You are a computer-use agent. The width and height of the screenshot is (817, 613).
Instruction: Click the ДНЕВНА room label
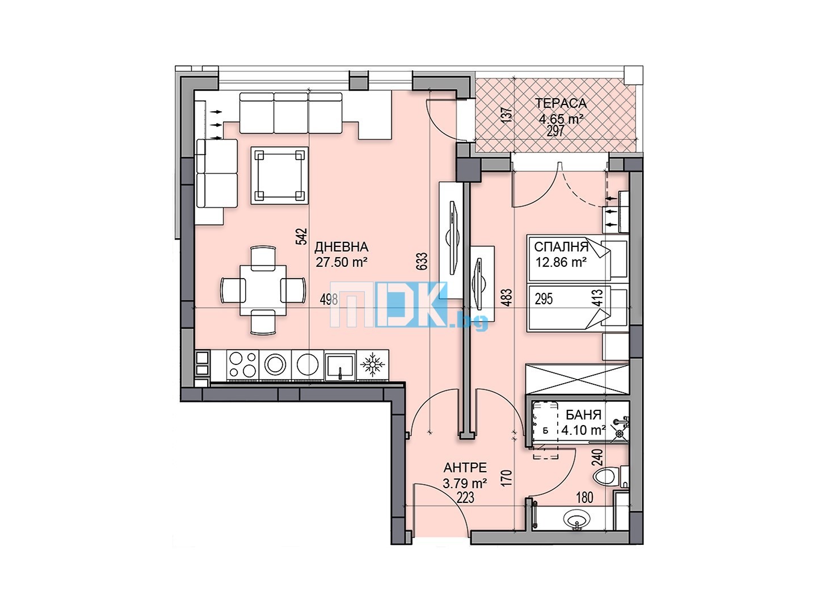pyautogui.click(x=342, y=247)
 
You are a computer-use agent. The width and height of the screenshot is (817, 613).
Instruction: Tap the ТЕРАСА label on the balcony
pyautogui.click(x=561, y=103)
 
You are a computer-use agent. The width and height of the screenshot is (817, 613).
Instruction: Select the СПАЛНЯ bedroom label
pyautogui.click(x=561, y=247)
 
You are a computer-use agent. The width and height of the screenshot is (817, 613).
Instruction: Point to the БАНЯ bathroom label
pyautogui.click(x=583, y=414)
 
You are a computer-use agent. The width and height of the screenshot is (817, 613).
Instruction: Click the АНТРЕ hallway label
pyautogui.click(x=465, y=468)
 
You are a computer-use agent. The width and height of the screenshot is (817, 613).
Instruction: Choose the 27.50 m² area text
pyautogui.click(x=342, y=262)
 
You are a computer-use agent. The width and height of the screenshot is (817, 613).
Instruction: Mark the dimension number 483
pyautogui.click(x=507, y=297)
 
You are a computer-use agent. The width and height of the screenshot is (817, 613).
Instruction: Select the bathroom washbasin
pyautogui.click(x=577, y=518)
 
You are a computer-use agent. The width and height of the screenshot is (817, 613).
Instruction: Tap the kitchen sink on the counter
pyautogui.click(x=339, y=367)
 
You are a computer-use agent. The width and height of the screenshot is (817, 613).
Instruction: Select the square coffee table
pyautogui.click(x=280, y=175)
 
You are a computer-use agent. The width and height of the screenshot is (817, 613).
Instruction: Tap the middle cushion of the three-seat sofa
pyautogui.click(x=290, y=113)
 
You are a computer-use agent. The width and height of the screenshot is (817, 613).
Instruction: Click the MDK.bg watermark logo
pyautogui.click(x=408, y=305)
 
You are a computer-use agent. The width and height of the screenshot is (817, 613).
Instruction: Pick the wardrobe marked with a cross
pyautogui.click(x=576, y=380)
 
